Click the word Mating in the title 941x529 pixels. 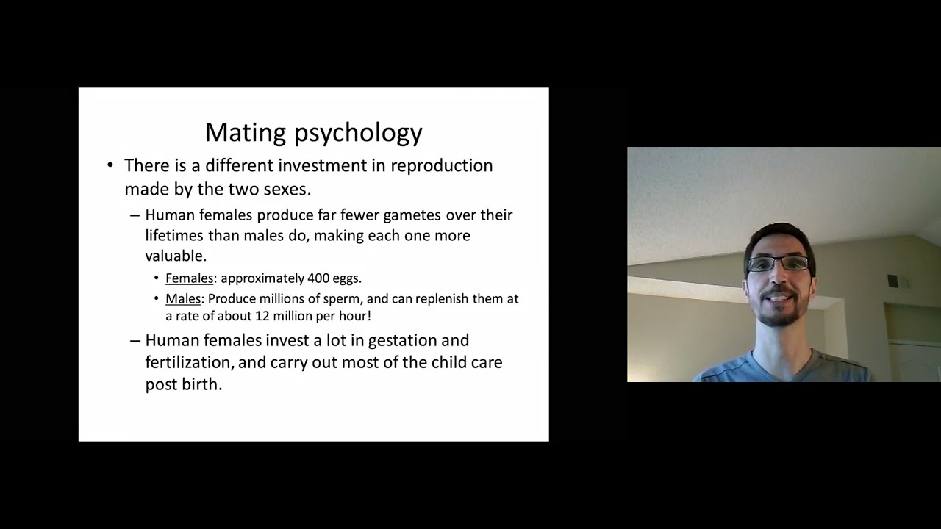coord(246,133)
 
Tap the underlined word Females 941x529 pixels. coord(189,278)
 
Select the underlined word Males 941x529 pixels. coord(183,299)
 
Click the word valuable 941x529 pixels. coord(175,256)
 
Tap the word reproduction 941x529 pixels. coord(441,166)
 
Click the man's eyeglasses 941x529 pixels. coord(779,263)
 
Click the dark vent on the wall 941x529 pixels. coord(892,281)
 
